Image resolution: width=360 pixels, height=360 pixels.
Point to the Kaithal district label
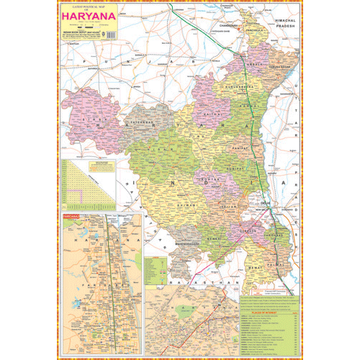click(210, 112)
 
